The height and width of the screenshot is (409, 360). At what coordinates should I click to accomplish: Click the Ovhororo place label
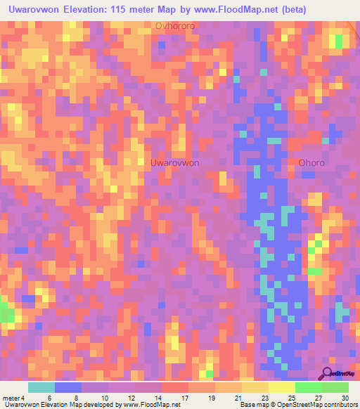pyautogui.click(x=175, y=27)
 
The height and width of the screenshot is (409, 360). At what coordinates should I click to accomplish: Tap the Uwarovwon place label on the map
pyautogui.click(x=174, y=162)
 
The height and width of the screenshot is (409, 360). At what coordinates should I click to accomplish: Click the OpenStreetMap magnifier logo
pyautogui.click(x=328, y=373)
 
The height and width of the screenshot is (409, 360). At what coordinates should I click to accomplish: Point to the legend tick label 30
pyautogui.click(x=345, y=397)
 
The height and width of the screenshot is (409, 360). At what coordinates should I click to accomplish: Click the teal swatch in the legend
pyautogui.click(x=41, y=387)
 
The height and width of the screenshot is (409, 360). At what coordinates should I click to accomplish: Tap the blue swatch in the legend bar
pyautogui.click(x=68, y=387)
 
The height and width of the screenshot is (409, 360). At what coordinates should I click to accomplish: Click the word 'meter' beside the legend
pyautogui.click(x=12, y=397)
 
